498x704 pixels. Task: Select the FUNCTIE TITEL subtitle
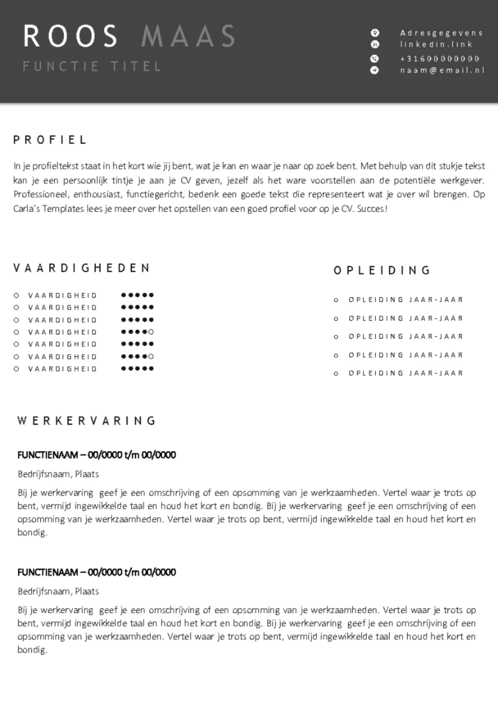92,66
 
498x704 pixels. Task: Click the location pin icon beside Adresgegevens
375,32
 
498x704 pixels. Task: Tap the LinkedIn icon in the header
375,45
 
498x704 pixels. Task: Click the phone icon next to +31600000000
375,58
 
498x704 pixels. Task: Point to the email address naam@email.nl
442,70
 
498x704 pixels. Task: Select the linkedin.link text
436,45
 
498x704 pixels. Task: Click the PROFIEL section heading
50,140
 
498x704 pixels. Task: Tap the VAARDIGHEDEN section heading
82,268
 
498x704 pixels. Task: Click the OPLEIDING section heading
382,270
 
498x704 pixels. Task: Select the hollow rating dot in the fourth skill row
151,332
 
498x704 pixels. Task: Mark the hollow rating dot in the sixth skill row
151,356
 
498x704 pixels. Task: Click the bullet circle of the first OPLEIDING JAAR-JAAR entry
336,300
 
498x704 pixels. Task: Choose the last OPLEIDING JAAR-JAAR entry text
406,373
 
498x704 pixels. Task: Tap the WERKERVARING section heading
87,421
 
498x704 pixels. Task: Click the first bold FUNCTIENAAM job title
96,455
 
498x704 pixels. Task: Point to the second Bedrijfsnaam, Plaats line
58,591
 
